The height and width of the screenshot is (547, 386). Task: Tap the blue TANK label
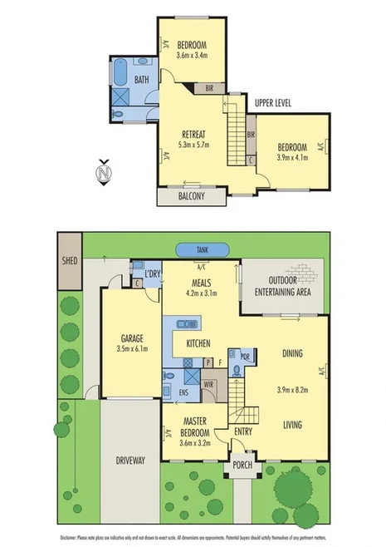[x=202, y=250]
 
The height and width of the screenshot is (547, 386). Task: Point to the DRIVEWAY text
[x=129, y=460]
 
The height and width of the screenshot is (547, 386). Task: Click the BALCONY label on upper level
[x=192, y=197]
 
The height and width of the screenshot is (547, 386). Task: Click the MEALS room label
[x=201, y=282]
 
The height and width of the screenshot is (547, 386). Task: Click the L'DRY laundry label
[x=152, y=275]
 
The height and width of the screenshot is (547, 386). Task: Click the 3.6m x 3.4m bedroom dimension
[x=191, y=56]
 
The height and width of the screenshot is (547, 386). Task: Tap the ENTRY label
[x=242, y=431]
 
